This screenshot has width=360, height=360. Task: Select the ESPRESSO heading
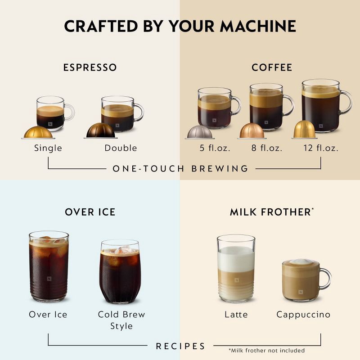pyautogui.click(x=90, y=67)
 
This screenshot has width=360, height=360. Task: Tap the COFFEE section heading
pyautogui.click(x=272, y=67)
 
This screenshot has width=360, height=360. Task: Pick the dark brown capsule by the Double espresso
pyautogui.click(x=101, y=131)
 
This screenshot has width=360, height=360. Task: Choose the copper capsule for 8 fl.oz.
pyautogui.click(x=252, y=131)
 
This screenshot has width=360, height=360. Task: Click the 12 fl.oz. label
pyautogui.click(x=321, y=148)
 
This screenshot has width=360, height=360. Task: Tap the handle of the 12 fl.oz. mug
pyautogui.click(x=347, y=102)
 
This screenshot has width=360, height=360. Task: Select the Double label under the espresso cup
pyautogui.click(x=121, y=148)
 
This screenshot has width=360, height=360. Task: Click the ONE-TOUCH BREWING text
pyautogui.click(x=180, y=169)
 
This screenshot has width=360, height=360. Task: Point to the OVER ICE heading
pyautogui.click(x=90, y=211)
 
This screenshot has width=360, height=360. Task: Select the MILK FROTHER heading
pyautogui.click(x=270, y=211)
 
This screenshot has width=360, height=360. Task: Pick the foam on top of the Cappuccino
pyautogui.click(x=301, y=262)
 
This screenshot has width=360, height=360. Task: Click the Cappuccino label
pyautogui.click(x=303, y=315)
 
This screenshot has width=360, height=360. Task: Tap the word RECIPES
pyautogui.click(x=180, y=346)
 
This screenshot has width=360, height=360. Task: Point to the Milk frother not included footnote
pyautogui.click(x=266, y=350)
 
